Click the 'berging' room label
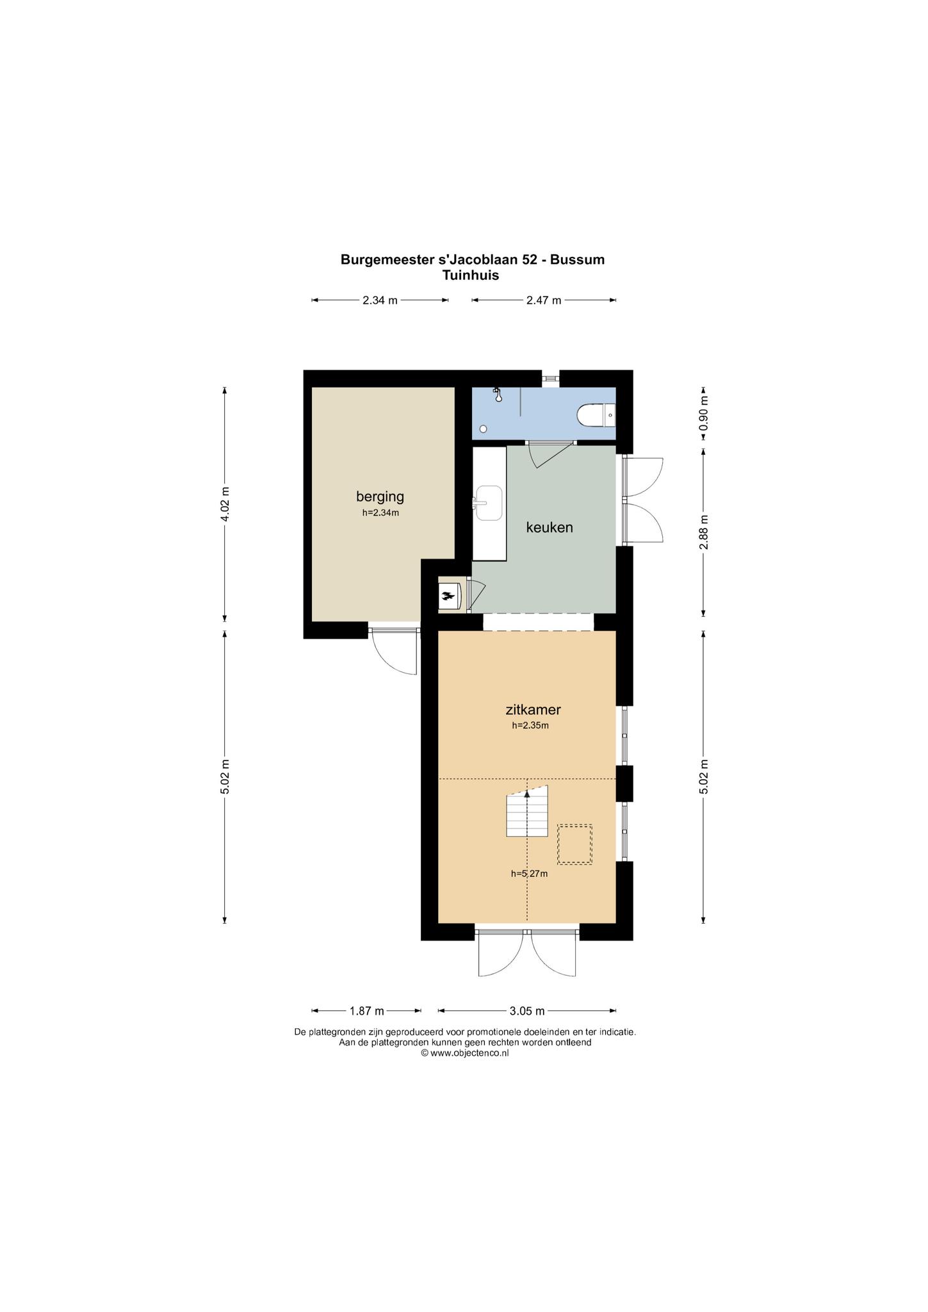(x=380, y=496)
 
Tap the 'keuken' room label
(x=549, y=527)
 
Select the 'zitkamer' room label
(x=533, y=710)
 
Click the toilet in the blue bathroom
(x=596, y=415)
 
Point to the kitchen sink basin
(x=488, y=503)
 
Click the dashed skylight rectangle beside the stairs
(x=574, y=844)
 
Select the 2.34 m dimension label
(x=380, y=300)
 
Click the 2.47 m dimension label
(x=544, y=300)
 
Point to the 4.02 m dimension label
(x=225, y=504)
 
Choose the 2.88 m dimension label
(x=704, y=532)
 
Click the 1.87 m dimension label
(x=366, y=1011)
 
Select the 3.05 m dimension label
(x=527, y=1011)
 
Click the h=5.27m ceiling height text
(x=529, y=873)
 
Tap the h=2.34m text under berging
(x=380, y=512)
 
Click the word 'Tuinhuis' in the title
(x=471, y=275)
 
